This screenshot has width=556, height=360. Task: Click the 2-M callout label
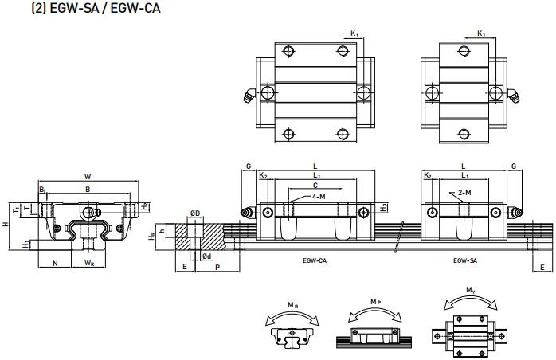point(465,193)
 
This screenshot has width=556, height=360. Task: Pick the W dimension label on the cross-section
point(87,176)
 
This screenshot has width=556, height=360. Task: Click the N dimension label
point(55,262)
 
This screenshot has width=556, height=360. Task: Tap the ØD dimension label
point(194,213)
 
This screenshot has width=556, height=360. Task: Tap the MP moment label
point(374,303)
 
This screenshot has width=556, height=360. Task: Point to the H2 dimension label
point(145,206)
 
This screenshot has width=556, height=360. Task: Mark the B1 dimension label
point(42,190)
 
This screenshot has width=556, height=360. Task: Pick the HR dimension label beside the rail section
point(151,236)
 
